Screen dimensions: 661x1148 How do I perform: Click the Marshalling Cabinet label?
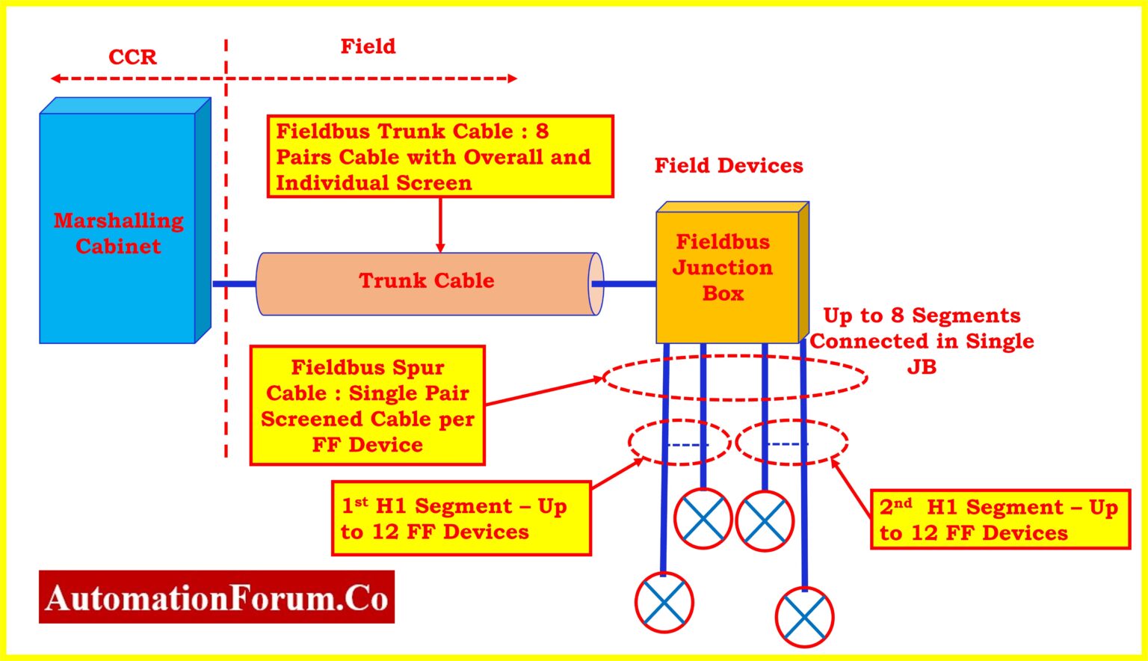click(x=118, y=233)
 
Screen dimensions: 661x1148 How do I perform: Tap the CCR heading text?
click(x=132, y=58)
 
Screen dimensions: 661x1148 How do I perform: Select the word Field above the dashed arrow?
click(x=368, y=46)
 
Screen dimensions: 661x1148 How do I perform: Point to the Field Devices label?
click(x=729, y=166)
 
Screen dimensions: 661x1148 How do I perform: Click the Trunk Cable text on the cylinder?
click(x=426, y=281)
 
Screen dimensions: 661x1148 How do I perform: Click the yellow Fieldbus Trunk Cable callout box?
click(x=440, y=157)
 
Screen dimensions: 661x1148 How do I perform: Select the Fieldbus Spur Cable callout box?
click(x=367, y=406)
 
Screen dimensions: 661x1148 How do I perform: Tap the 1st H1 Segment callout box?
click(x=460, y=519)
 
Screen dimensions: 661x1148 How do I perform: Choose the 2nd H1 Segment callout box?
click(x=999, y=520)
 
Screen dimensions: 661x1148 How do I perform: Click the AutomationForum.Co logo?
click(x=216, y=597)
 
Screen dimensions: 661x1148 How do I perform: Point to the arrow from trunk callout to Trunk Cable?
click(x=440, y=224)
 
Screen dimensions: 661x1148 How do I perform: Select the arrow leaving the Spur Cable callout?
click(x=543, y=391)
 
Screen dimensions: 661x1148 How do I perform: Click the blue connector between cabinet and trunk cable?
click(x=234, y=284)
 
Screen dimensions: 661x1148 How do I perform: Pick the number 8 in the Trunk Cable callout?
click(x=542, y=132)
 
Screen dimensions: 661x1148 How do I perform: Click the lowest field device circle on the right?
click(x=804, y=618)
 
